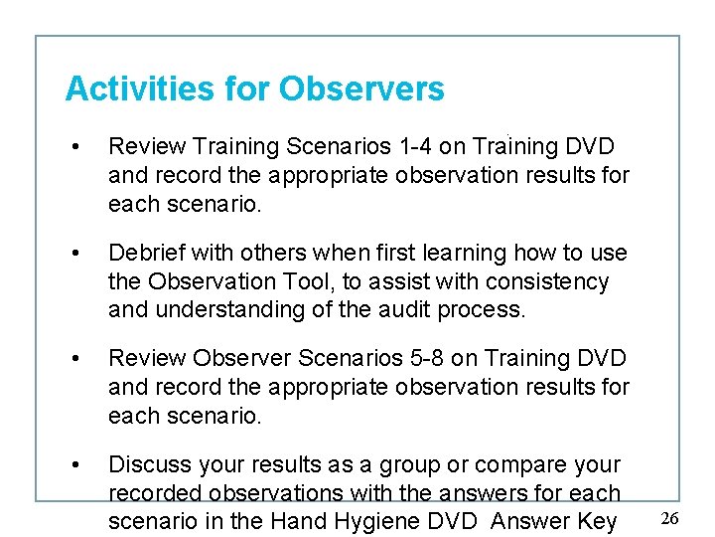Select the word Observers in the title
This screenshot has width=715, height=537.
pyautogui.click(x=361, y=89)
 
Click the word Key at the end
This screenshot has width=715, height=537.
pyautogui.click(x=596, y=521)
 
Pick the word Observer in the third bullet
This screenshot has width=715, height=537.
pyautogui.click(x=235, y=358)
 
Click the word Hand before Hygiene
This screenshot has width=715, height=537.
pyautogui.click(x=301, y=521)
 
